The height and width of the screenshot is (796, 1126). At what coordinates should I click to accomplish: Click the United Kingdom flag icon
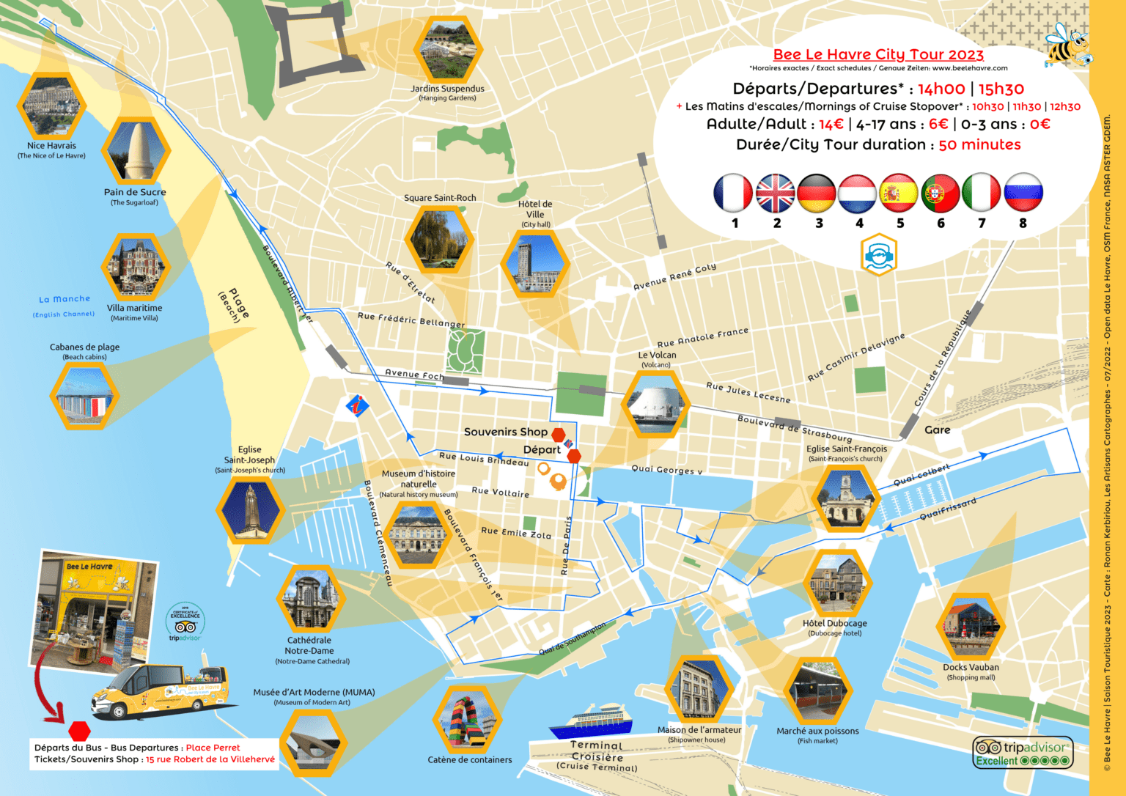click(775, 194)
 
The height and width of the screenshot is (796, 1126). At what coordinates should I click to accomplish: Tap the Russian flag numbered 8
click(1023, 194)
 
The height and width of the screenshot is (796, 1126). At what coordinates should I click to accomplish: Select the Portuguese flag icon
click(941, 194)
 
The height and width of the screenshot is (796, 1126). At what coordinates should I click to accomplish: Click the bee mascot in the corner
click(1067, 45)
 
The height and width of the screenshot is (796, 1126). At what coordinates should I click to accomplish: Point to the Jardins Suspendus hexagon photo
click(448, 50)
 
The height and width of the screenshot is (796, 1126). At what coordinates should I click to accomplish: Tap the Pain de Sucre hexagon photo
click(136, 152)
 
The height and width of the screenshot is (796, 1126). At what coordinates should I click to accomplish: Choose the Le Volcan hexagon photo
click(655, 404)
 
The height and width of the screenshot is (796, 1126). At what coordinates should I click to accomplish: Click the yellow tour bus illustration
click(161, 692)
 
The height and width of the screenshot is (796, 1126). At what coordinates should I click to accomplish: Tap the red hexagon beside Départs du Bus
click(79, 731)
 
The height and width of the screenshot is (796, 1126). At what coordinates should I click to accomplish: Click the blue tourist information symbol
click(357, 405)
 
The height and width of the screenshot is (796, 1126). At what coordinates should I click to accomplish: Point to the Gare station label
click(937, 430)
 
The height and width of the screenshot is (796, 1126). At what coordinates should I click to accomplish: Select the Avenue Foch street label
click(414, 375)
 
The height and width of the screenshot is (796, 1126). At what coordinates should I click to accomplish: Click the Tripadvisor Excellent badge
click(1023, 753)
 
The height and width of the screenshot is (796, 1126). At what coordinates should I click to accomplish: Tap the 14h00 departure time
click(941, 89)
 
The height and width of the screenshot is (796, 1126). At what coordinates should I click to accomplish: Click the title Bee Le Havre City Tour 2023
click(878, 55)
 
